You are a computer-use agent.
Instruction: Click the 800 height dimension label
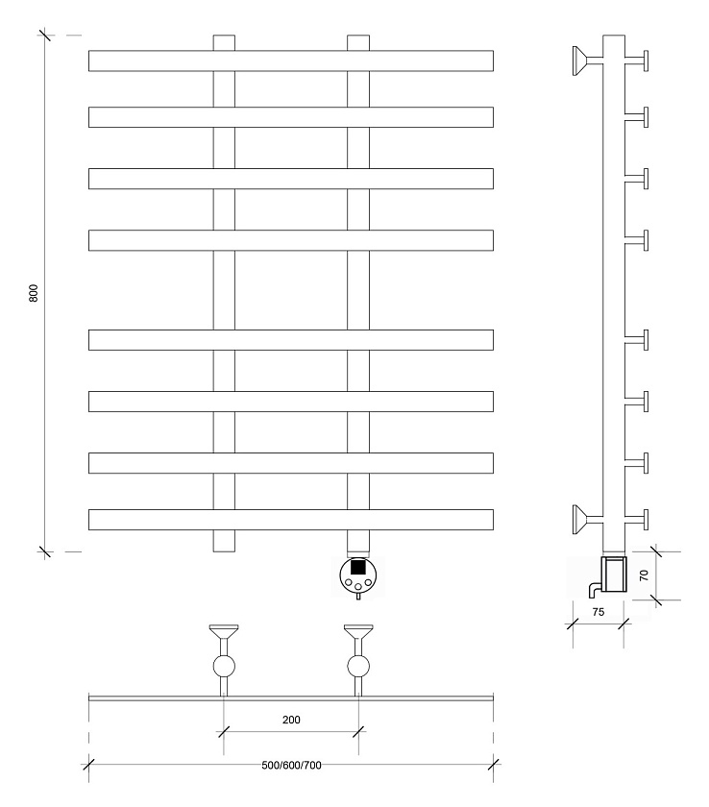click(x=33, y=293)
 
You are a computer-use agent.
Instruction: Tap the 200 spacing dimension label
click(x=291, y=720)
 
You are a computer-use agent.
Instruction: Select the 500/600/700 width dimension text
click(x=291, y=766)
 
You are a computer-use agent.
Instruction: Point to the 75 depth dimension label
click(x=598, y=612)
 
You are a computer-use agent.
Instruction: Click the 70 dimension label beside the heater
click(x=644, y=575)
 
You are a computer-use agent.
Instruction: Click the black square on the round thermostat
click(x=358, y=567)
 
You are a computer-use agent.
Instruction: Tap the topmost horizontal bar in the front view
click(x=291, y=61)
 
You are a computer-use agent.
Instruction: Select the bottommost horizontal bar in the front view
click(x=291, y=520)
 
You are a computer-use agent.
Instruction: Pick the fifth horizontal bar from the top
click(x=291, y=340)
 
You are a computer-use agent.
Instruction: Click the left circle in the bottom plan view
click(x=224, y=666)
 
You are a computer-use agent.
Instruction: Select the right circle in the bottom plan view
click(x=358, y=666)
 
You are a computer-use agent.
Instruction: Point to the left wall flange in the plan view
click(x=224, y=631)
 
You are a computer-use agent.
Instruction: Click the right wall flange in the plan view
click(x=358, y=631)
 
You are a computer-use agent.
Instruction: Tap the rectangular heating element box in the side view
click(x=614, y=574)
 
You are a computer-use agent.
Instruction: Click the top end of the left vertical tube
click(x=224, y=36)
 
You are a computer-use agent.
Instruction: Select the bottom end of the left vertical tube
click(x=224, y=551)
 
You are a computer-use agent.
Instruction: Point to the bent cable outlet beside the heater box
click(x=595, y=588)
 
